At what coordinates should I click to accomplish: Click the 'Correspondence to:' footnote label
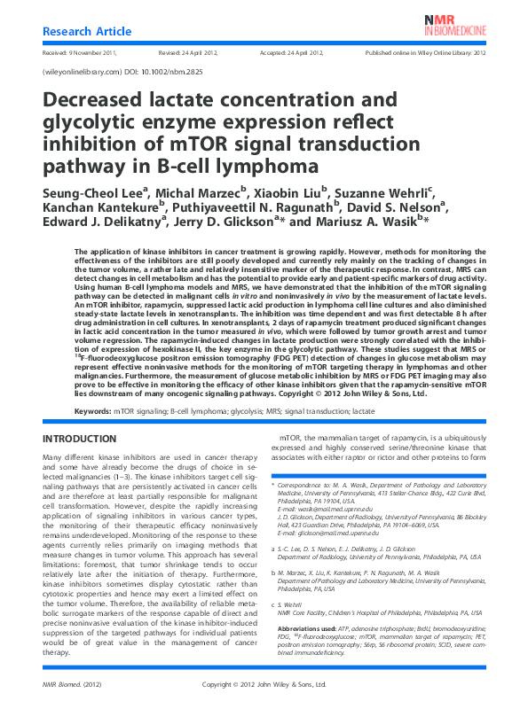[316, 487]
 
